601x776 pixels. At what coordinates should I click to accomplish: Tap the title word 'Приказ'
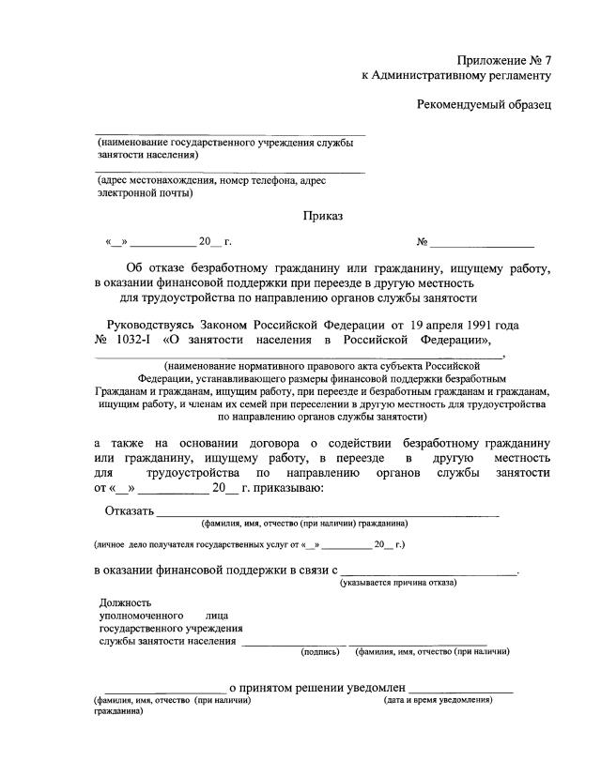(322, 216)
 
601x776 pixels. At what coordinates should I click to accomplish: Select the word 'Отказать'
(129, 510)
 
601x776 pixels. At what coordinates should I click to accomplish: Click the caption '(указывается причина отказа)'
(398, 583)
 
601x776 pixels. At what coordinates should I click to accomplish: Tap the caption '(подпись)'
(320, 650)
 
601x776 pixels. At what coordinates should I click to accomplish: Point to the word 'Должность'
(124, 602)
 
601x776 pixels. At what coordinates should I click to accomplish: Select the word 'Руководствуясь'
(149, 324)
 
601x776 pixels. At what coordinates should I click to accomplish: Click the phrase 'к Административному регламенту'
(456, 75)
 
